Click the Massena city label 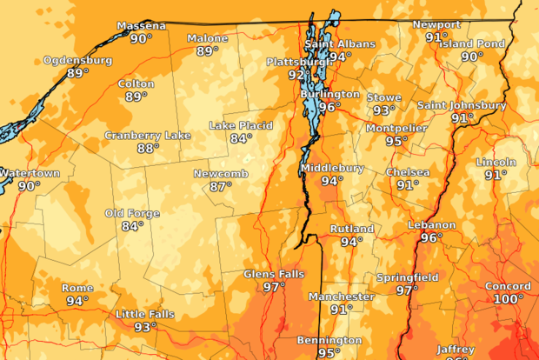tap(140, 25)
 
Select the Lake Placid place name tap(241, 125)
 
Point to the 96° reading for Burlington tap(329, 107)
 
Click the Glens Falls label tap(274, 274)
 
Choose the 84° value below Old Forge tap(132, 226)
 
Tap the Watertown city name tap(30, 173)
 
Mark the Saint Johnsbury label tap(462, 105)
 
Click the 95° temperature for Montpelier tap(397, 141)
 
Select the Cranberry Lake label tap(148, 135)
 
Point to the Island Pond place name tap(472, 43)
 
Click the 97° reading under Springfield tap(407, 290)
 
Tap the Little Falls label tap(145, 314)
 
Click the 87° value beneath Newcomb tap(221, 186)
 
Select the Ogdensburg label tap(78, 60)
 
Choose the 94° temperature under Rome tap(77, 301)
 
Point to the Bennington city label tap(329, 339)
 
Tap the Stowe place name tap(383, 97)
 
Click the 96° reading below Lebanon tap(431, 237)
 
